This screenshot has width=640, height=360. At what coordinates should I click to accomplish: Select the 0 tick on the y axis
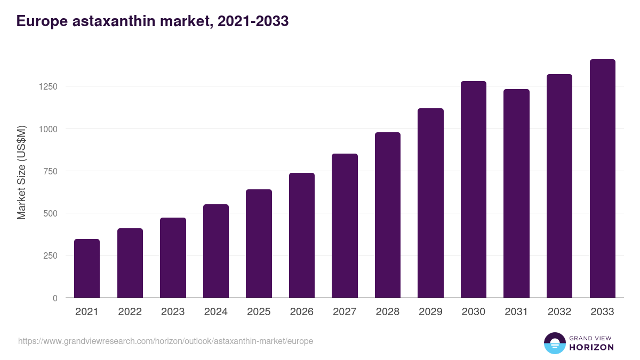point(55,298)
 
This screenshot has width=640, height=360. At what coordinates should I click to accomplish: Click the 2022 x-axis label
point(130,312)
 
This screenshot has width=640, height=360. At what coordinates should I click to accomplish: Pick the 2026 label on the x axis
point(302,312)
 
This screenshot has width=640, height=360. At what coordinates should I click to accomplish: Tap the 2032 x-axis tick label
point(559,312)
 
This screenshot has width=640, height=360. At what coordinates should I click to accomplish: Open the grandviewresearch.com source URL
point(165,341)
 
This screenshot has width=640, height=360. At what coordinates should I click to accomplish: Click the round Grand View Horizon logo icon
point(554,343)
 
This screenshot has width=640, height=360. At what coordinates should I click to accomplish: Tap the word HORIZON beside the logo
point(591,347)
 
